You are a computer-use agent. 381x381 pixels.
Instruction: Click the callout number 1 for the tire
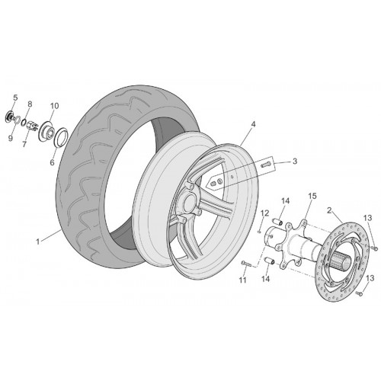pos(38,242)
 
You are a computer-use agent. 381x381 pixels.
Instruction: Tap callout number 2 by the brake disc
pos(329,210)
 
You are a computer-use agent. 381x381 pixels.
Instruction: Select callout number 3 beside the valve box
pos(295,162)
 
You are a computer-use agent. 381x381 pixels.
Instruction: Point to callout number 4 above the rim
pos(253,124)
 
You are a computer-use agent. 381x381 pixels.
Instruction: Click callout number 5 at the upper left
pos(15,98)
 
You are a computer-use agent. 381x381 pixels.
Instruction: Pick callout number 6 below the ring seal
pos(52,162)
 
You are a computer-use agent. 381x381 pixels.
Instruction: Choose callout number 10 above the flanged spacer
pos(55,106)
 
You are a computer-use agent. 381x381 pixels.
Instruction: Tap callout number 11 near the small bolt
pos(243,280)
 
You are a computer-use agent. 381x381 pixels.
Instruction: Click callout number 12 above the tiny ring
pos(264,213)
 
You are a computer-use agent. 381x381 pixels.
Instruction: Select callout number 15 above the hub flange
pos(312,196)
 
